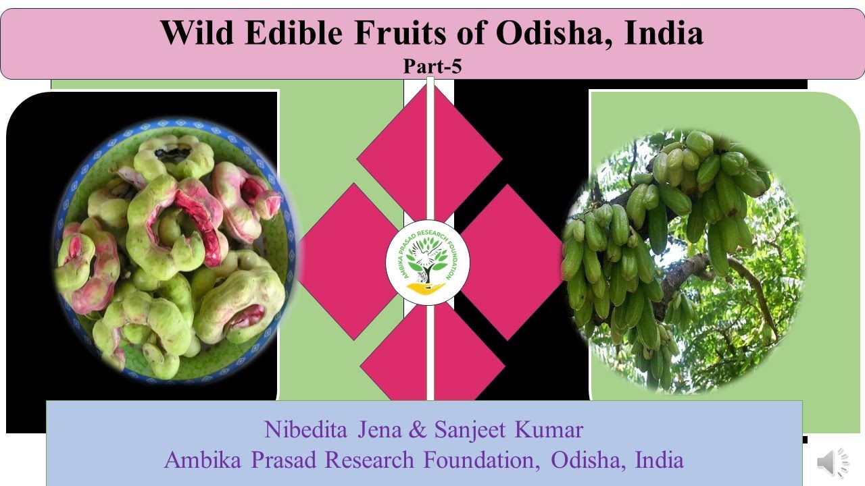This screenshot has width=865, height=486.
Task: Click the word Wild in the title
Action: point(196,33)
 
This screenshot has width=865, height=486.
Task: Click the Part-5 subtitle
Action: point(432,67)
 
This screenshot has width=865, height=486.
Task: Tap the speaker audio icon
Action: point(834,464)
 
